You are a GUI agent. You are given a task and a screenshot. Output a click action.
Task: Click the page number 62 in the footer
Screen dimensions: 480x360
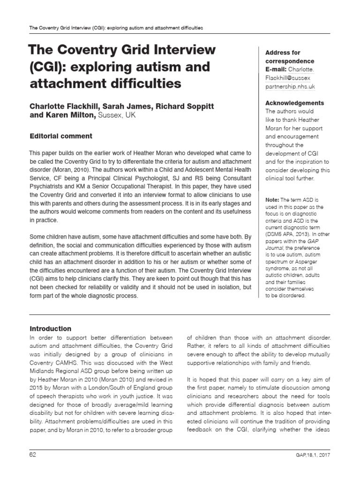33,454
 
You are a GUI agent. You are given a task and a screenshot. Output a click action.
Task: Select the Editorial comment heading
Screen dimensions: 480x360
61,136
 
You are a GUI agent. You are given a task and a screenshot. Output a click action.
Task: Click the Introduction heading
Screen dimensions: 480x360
50,329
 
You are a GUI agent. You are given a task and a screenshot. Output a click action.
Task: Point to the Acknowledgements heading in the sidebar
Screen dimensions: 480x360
295,103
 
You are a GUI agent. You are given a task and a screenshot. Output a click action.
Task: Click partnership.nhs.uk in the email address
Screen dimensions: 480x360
290,86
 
